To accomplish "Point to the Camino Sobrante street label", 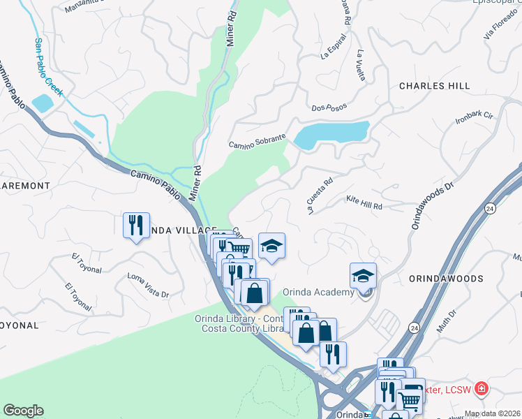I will click(258, 142).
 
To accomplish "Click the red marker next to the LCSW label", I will click(481, 388).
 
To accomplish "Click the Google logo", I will click(24, 411).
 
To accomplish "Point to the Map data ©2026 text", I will click(492, 413).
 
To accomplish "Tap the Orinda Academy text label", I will click(318, 292).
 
